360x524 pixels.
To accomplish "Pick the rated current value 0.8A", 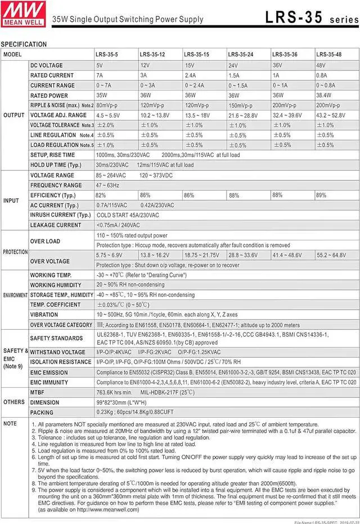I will coord(322,75).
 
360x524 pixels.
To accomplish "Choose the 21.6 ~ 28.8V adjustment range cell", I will coord(242,115).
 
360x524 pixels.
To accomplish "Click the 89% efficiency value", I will coord(321,195).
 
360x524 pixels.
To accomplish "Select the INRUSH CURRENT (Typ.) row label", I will coord(60,215).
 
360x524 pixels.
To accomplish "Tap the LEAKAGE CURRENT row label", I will coord(56,225).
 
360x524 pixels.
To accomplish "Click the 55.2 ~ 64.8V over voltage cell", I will coord(331,255).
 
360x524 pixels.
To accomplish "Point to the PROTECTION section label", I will coord(15,251).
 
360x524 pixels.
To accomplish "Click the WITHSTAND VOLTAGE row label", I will coord(57,352).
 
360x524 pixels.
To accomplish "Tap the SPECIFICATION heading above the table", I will coord(24,44).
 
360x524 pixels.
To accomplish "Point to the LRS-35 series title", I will coord(309,17).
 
